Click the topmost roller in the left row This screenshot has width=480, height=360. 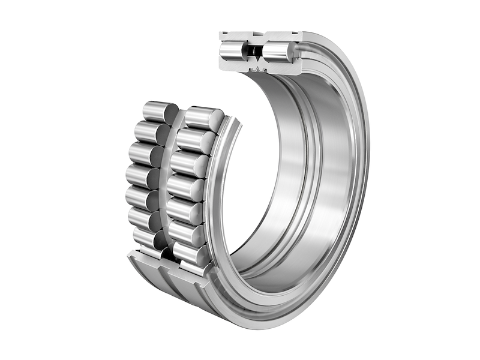157,111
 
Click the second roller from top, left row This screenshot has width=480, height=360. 148,131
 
